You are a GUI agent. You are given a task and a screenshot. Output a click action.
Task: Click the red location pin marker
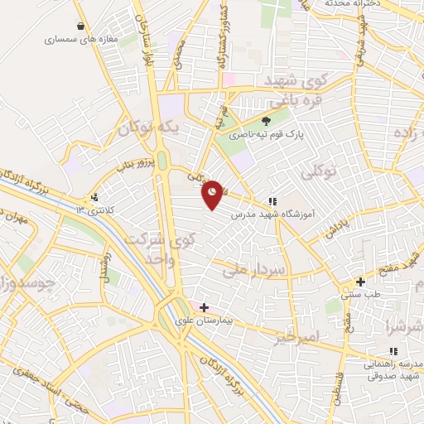pos(213,194)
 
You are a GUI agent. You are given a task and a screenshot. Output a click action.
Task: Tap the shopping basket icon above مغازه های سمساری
pos(79,26)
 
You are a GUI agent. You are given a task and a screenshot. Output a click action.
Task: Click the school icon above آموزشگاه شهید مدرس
pos(272,201)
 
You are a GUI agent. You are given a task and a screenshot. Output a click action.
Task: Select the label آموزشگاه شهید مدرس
pos(272,214)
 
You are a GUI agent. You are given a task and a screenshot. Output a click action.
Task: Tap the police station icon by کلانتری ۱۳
pos(95,197)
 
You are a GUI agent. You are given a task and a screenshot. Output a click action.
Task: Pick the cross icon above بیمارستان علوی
pos(204,307)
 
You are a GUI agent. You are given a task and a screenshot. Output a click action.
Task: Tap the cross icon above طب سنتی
pos(360,282)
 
